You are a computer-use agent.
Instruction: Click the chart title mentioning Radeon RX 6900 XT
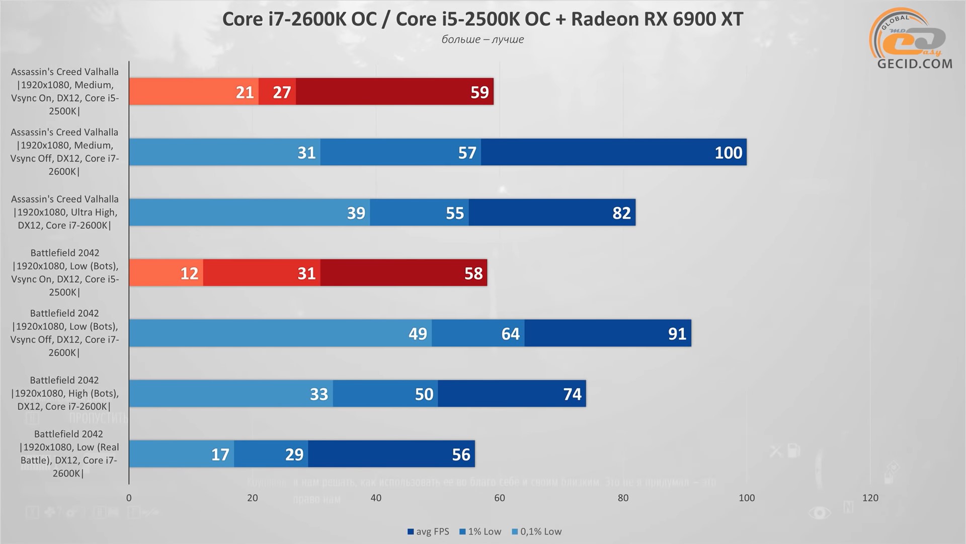tap(482, 19)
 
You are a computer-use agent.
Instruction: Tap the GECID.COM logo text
tap(915, 64)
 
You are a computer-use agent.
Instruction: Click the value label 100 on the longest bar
tap(728, 153)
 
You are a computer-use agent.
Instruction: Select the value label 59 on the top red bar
tap(479, 92)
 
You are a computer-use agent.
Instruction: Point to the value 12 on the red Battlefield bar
tap(189, 274)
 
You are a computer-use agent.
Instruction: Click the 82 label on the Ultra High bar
tap(621, 213)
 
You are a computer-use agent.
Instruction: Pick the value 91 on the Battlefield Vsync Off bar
tap(677, 334)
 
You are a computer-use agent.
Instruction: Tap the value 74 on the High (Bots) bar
tap(572, 394)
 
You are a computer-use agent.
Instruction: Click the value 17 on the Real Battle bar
tap(220, 455)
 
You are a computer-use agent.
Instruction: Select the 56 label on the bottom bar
tap(461, 455)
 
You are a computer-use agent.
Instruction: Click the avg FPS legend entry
tap(428, 531)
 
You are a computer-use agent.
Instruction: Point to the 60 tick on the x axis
tap(499, 498)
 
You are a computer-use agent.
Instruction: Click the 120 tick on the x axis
tap(870, 498)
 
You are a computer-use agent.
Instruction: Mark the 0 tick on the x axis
tap(129, 498)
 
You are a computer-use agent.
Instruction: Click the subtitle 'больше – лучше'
tap(482, 39)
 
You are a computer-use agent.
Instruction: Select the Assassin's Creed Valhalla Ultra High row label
tap(64, 212)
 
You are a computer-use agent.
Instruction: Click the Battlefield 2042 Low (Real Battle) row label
tap(68, 453)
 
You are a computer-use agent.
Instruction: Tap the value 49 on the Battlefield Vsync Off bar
tap(418, 334)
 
